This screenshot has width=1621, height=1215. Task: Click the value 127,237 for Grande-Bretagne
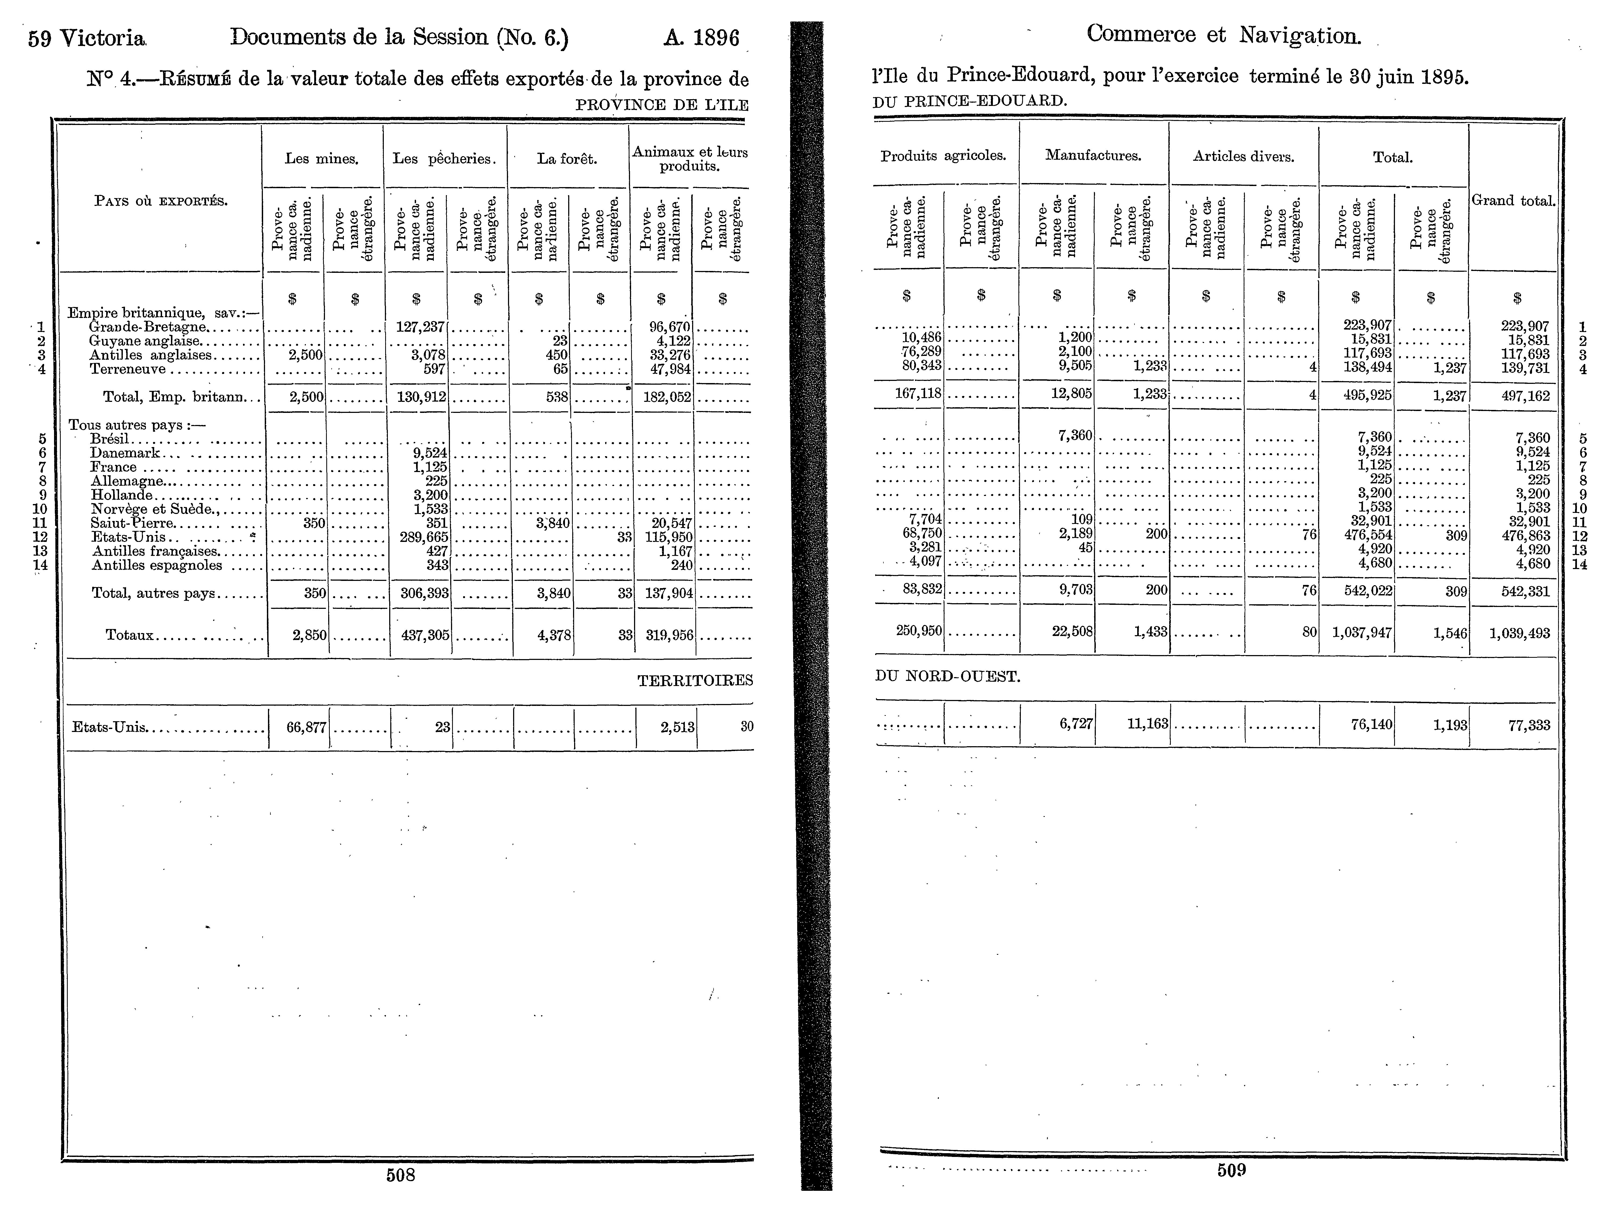click(420, 327)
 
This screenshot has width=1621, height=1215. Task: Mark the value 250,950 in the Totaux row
click(918, 630)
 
